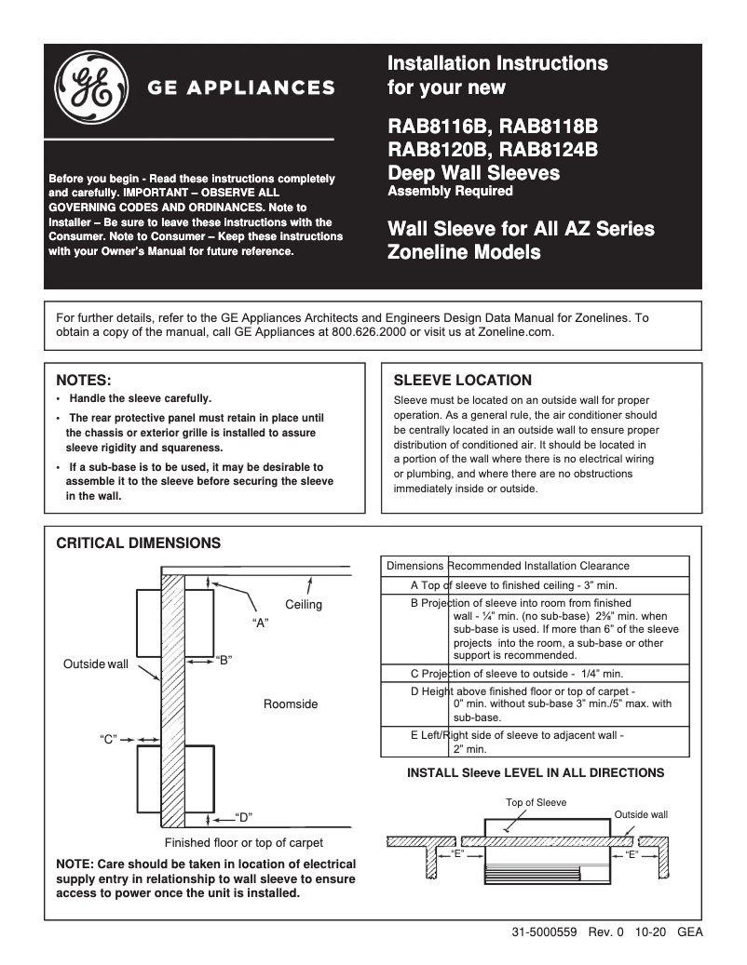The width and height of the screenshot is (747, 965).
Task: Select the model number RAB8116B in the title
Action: tap(439, 127)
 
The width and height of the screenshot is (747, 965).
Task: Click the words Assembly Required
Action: tap(450, 191)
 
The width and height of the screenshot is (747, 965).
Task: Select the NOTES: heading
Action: tap(84, 381)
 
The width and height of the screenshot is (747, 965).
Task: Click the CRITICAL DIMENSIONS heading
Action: tap(139, 543)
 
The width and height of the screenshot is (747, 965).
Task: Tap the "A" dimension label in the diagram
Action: tap(261, 623)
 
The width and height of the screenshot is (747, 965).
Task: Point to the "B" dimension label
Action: tap(223, 660)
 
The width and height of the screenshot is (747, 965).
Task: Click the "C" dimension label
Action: tap(107, 739)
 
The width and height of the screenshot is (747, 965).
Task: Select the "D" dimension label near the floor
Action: tap(244, 818)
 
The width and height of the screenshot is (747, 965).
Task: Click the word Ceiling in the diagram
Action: tap(304, 605)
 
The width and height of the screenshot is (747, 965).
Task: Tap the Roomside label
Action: tap(291, 704)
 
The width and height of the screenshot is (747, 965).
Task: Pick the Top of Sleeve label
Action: tap(536, 802)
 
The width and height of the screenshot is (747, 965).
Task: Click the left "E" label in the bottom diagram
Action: tap(457, 853)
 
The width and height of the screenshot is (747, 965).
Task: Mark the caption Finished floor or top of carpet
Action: tap(244, 843)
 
